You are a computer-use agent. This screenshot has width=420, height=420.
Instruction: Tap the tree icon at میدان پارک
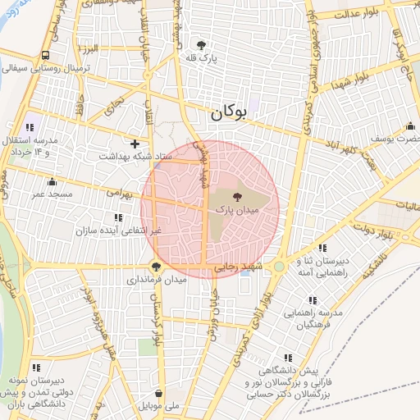tap(238, 197)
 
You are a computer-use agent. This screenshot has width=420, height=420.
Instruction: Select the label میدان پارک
tap(237, 211)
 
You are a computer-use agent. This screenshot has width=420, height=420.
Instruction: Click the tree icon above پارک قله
tap(202, 44)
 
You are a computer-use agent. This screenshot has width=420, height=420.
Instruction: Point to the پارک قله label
tap(202, 58)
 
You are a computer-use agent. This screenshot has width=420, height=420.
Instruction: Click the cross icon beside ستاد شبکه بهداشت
tap(135, 144)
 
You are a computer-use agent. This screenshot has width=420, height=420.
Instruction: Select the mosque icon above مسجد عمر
tap(53, 181)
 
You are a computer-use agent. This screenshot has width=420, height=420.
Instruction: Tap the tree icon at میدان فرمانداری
tap(156, 266)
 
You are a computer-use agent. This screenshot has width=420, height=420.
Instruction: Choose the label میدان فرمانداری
tap(156, 280)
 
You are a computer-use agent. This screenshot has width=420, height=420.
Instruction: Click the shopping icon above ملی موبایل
tap(158, 393)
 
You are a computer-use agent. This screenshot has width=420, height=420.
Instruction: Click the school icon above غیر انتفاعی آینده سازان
tap(119, 217)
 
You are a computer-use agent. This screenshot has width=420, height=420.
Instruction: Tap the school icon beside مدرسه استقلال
tap(30, 127)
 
